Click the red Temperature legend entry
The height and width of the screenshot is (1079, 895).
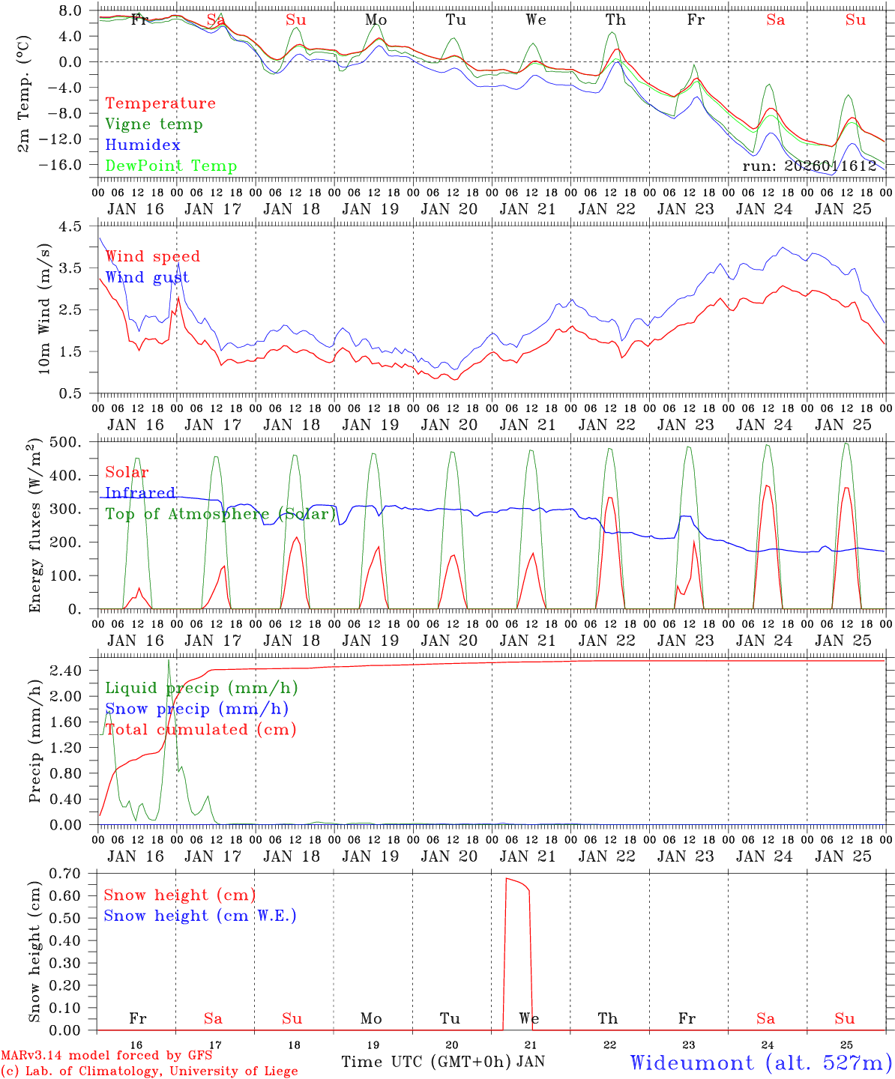pyautogui.click(x=160, y=103)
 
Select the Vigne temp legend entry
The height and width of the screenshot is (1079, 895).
pyautogui.click(x=154, y=124)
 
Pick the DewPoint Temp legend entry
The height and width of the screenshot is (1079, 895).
pyautogui.click(x=171, y=166)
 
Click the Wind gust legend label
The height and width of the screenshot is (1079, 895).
pyautogui.click(x=147, y=277)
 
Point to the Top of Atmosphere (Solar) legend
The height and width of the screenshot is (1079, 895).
pyautogui.click(x=220, y=514)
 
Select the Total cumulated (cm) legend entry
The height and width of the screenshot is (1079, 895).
pyautogui.click(x=200, y=730)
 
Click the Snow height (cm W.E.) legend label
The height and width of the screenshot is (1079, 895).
pyautogui.click(x=200, y=916)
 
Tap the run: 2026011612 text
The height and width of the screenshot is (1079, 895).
pyautogui.click(x=809, y=166)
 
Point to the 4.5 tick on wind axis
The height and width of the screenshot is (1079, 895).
pyautogui.click(x=79, y=226)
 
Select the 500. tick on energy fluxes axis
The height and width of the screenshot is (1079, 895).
pyautogui.click(x=75, y=442)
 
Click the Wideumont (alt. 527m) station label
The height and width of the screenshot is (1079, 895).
pyautogui.click(x=761, y=1063)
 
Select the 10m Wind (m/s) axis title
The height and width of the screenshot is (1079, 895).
pyautogui.click(x=43, y=309)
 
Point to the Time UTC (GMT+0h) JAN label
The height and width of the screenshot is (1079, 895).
pyautogui.click(x=443, y=1062)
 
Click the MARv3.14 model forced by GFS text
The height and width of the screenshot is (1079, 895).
pyautogui.click(x=106, y=1056)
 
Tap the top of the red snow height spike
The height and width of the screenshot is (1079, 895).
pyautogui.click(x=507, y=878)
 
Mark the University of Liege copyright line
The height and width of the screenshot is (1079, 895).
pyautogui.click(x=148, y=1072)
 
